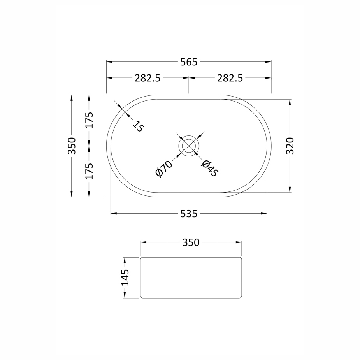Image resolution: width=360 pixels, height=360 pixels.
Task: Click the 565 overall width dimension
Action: pyautogui.click(x=189, y=62)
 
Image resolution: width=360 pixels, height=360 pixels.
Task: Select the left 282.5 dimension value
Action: pyautogui.click(x=148, y=78)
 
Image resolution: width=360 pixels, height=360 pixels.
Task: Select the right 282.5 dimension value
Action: pyautogui.click(x=230, y=78)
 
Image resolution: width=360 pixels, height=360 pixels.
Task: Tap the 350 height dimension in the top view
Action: pyautogui.click(x=72, y=146)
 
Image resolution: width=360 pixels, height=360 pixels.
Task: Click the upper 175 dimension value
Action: pyautogui.click(x=90, y=120)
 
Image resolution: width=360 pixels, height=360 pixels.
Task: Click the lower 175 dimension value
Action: pyautogui.click(x=90, y=171)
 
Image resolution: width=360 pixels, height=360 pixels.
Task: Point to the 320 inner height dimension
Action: pyautogui.click(x=290, y=146)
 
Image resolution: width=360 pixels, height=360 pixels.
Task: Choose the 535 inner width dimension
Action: pyautogui.click(x=189, y=214)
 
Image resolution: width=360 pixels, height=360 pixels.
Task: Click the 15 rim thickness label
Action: pyautogui.click(x=138, y=126)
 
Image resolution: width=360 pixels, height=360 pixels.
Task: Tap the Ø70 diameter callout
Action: pyautogui.click(x=163, y=169)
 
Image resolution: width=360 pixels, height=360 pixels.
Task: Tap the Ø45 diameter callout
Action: pyautogui.click(x=210, y=169)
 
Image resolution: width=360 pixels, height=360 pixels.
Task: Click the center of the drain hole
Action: pyautogui.click(x=189, y=146)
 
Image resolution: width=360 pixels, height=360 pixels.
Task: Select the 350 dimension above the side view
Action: pyautogui.click(x=191, y=242)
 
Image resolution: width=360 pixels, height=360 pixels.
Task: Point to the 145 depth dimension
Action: pyautogui.click(x=125, y=277)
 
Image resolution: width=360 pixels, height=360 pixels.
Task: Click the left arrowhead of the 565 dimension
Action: pyautogui.click(x=109, y=62)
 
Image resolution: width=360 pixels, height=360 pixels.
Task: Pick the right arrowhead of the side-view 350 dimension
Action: pyautogui.click(x=239, y=242)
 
